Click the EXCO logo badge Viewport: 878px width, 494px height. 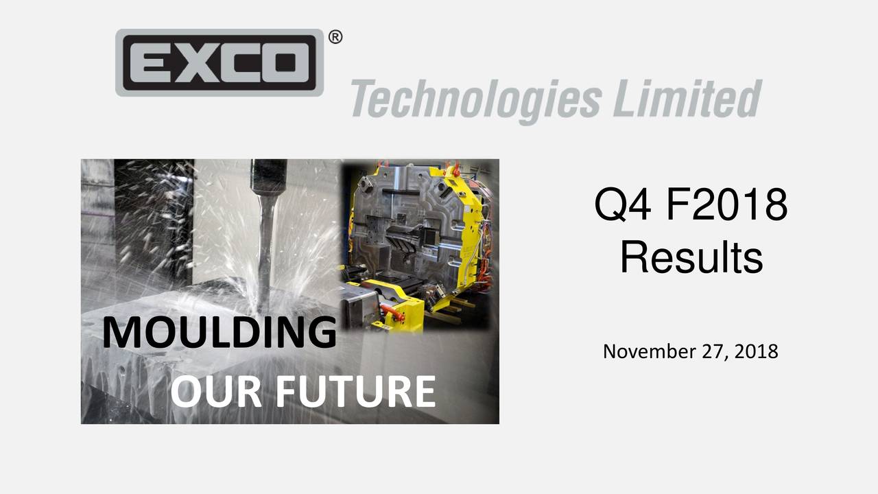click(x=219, y=62)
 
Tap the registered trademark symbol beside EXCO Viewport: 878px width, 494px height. click(x=335, y=38)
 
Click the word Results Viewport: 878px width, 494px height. click(x=691, y=258)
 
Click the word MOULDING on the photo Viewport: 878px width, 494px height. click(x=219, y=333)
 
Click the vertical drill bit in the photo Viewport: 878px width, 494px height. click(x=265, y=247)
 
